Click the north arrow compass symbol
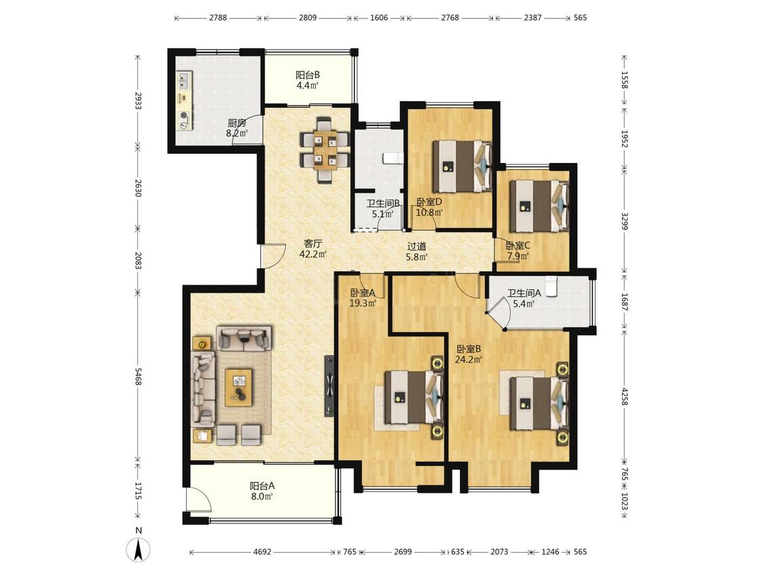[x=139, y=551]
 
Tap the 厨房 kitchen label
[x=237, y=124]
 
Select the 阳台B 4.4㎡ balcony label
[x=308, y=80]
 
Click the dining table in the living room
[x=325, y=149]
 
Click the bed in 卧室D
[x=462, y=166]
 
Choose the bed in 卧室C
[x=539, y=206]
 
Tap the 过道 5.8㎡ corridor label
[x=417, y=251]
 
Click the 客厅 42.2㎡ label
[x=313, y=248]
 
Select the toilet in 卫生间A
[x=551, y=286]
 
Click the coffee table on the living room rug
[x=239, y=388]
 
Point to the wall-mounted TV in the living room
[x=330, y=386]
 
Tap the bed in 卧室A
[x=414, y=397]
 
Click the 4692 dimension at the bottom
[x=262, y=552]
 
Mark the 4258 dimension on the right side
[x=625, y=396]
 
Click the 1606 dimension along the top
[x=379, y=18]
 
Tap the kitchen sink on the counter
[x=184, y=80]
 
